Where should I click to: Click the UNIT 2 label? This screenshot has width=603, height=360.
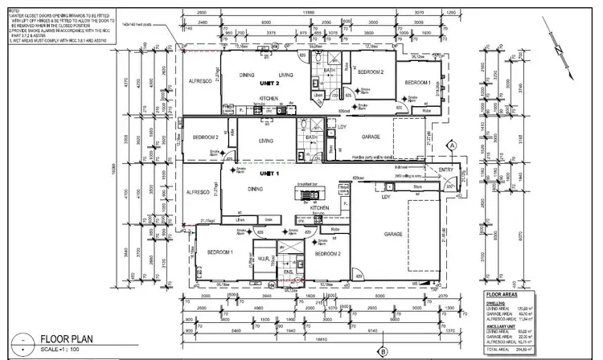click(x=269, y=83)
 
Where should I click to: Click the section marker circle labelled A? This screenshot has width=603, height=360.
click(x=452, y=145)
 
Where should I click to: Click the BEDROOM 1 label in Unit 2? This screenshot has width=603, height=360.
click(x=417, y=83)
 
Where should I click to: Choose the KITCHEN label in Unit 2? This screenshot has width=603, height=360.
click(x=269, y=98)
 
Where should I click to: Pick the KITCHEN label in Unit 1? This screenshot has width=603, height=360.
click(x=320, y=207)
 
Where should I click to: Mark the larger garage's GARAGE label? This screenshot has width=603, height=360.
click(x=392, y=234)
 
